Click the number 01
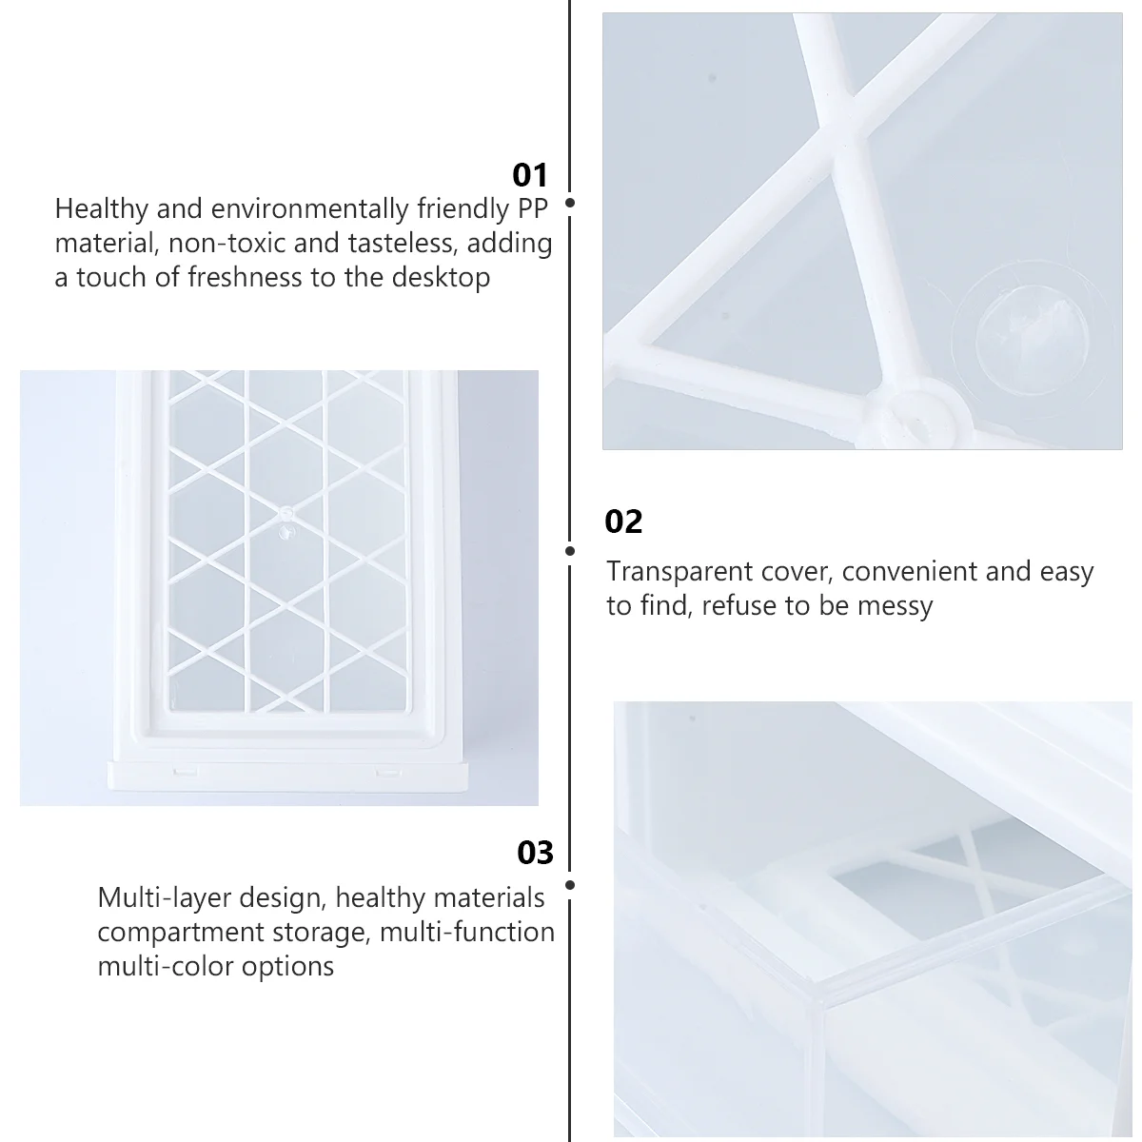(x=530, y=175)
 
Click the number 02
(x=623, y=522)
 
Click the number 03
(x=535, y=853)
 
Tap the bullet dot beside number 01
(x=570, y=203)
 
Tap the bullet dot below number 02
(x=570, y=551)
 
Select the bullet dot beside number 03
(x=570, y=885)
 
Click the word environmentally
(x=310, y=209)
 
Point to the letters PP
(x=533, y=209)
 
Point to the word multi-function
(x=467, y=933)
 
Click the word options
(x=288, y=968)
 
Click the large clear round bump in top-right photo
(x=1032, y=339)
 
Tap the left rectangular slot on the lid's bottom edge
(x=186, y=772)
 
